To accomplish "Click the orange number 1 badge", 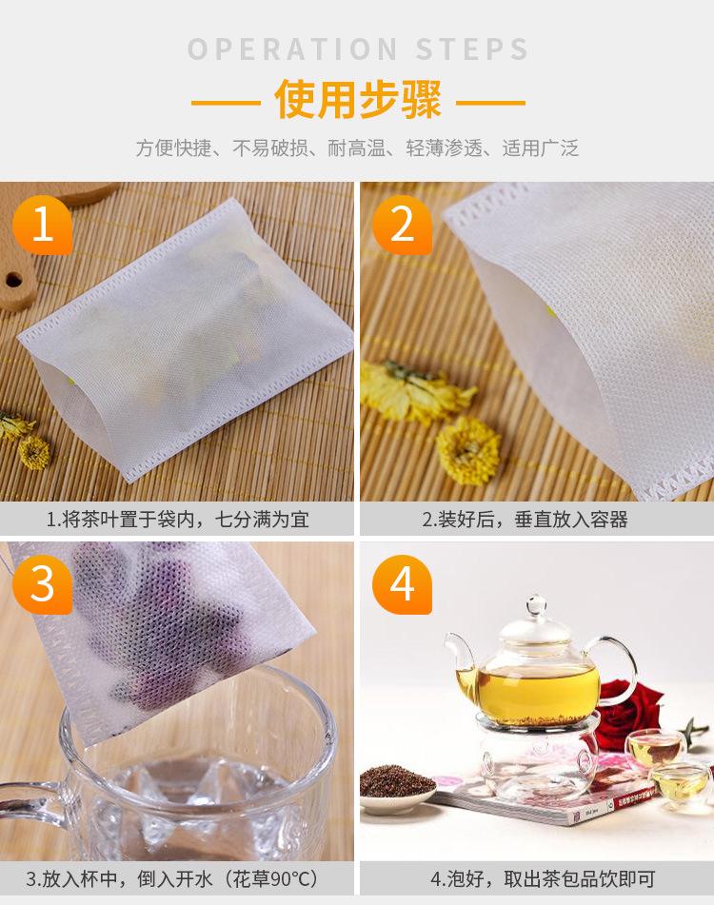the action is (42, 225).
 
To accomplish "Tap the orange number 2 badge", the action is (402, 225).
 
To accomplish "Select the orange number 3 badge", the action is (42, 584).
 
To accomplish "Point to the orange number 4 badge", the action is (402, 584).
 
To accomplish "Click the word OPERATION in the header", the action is (292, 49).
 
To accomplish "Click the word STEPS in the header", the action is (472, 49).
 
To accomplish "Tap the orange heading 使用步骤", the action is (358, 99).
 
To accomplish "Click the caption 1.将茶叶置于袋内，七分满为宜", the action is (178, 520).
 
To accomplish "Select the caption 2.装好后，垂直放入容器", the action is (525, 520).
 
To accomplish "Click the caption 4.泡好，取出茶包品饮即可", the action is (544, 879).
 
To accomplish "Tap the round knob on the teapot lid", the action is (536, 606).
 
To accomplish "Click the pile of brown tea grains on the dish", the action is (397, 781).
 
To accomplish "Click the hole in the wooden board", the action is (13, 281).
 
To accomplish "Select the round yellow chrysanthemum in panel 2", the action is (468, 451).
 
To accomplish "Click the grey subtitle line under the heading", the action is (357, 148).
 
